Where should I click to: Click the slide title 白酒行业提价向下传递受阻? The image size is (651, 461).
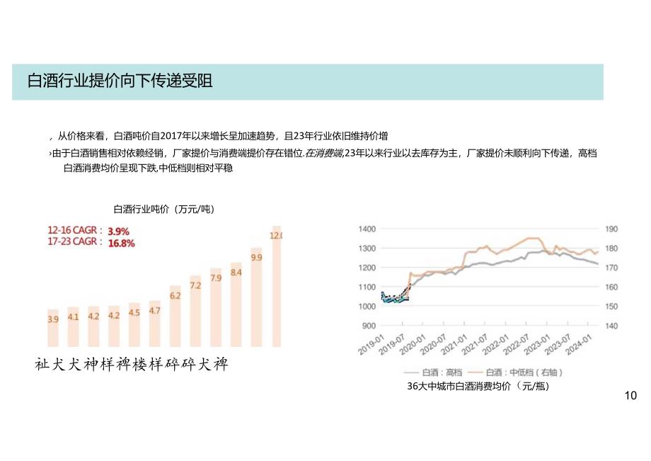120,81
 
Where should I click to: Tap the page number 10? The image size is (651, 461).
631,395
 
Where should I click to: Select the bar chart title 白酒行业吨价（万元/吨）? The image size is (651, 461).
163,209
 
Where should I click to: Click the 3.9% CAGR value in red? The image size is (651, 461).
118,231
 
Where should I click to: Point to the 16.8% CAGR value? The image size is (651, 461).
121,242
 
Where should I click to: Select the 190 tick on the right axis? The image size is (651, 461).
611,229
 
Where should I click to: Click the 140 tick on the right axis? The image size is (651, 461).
611,326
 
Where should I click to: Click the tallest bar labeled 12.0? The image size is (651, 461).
276,287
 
